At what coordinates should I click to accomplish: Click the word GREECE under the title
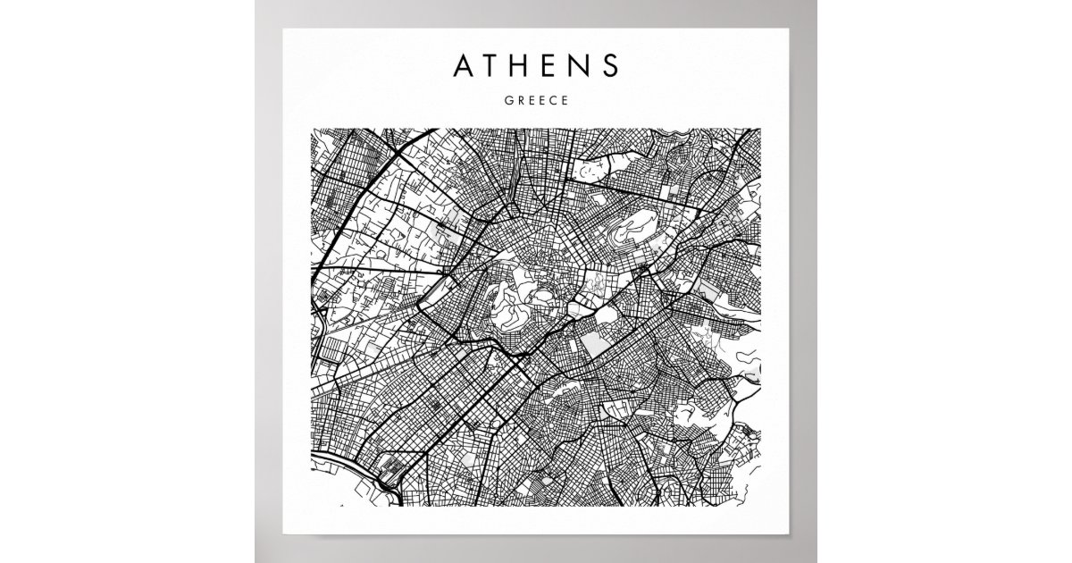tap(536, 100)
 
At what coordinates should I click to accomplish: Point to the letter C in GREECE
tap(554, 100)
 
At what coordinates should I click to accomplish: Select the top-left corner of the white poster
tap(282, 29)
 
